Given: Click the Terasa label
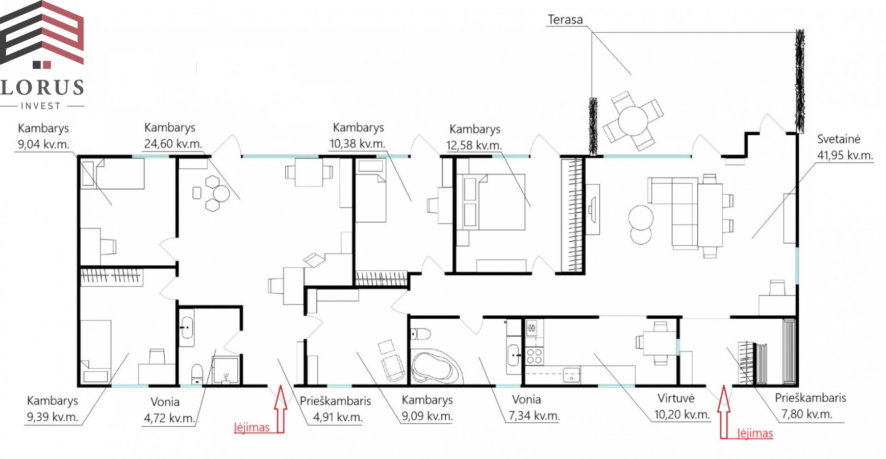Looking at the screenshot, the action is tap(565, 19).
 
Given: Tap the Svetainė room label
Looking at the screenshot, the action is tap(839, 139).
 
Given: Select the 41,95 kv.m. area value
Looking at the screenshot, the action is tap(845, 155).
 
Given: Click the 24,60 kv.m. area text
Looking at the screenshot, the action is tap(173, 143).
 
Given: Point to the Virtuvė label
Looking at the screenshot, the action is tap(676, 398).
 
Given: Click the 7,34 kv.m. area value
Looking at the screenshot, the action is tap(534, 415).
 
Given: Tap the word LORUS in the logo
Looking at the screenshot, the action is tap(42, 87).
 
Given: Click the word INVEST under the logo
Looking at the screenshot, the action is tap(41, 106).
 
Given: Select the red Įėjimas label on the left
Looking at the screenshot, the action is tap(252, 427).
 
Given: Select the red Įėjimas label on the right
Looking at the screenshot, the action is tap(755, 433).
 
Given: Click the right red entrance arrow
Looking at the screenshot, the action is tap(724, 412).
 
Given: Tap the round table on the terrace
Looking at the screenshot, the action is tap(632, 120).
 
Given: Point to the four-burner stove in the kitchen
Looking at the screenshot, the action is tap(534, 355).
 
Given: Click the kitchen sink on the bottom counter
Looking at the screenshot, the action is tap(571, 375).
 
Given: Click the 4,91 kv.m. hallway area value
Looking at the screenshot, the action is tap(338, 417).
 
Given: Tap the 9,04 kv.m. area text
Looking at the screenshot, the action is tap(43, 144).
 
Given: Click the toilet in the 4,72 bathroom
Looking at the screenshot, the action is tap(197, 374).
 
